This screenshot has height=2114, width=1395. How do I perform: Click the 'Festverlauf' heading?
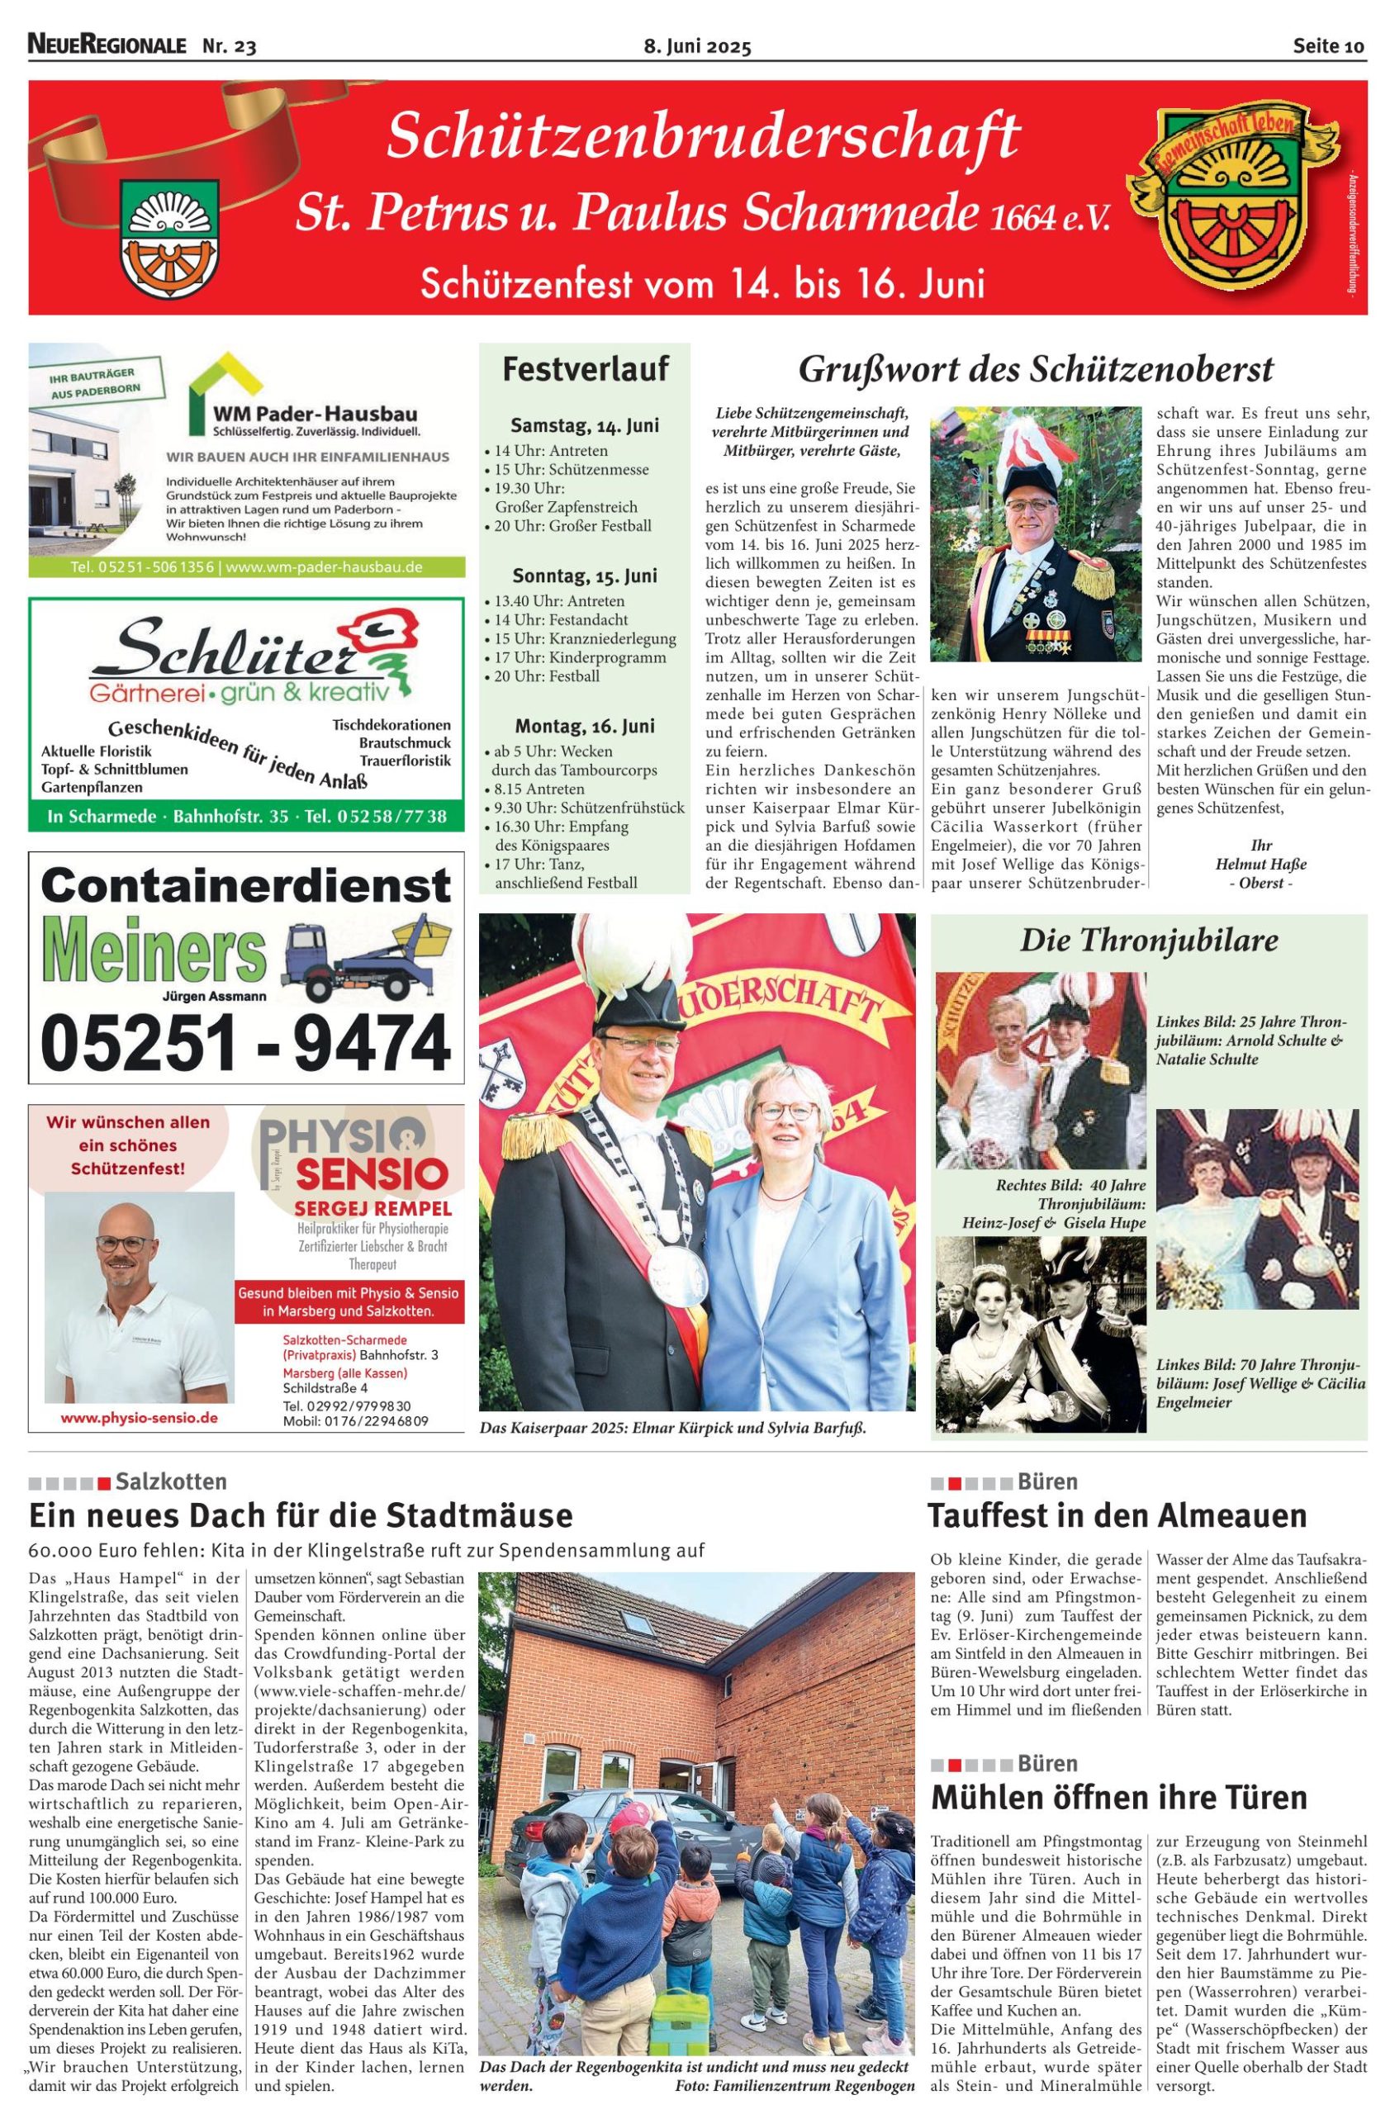[585, 368]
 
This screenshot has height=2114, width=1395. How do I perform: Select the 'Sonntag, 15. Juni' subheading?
[585, 576]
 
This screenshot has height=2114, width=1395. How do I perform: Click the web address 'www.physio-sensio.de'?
[139, 1418]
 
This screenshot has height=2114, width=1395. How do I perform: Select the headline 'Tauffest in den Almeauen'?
[1117, 1514]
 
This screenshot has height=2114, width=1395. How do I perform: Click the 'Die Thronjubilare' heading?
[1149, 939]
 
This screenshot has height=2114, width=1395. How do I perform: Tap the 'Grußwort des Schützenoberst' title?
[1036, 368]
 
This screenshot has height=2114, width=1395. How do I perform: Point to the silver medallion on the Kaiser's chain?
[670, 1268]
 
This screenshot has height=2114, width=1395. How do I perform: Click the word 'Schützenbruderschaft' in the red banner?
[703, 138]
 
